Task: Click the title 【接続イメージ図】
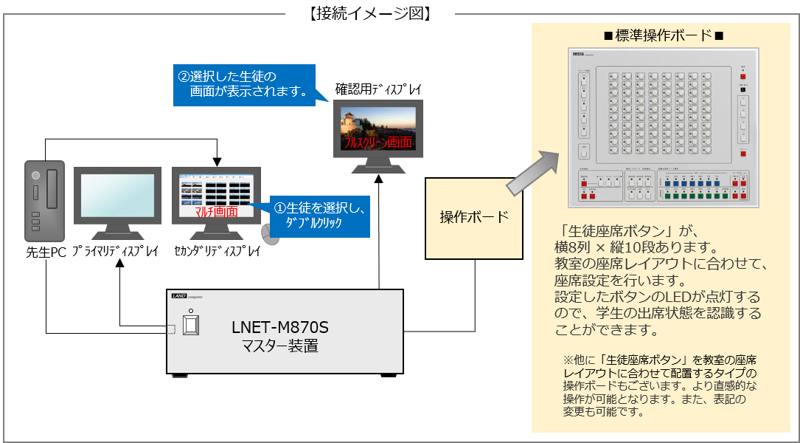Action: [x=369, y=14]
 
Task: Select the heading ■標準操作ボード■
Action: [x=664, y=35]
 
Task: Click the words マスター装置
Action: [x=280, y=345]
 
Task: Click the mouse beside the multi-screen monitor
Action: [x=271, y=234]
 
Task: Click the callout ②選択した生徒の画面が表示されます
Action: [x=243, y=84]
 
